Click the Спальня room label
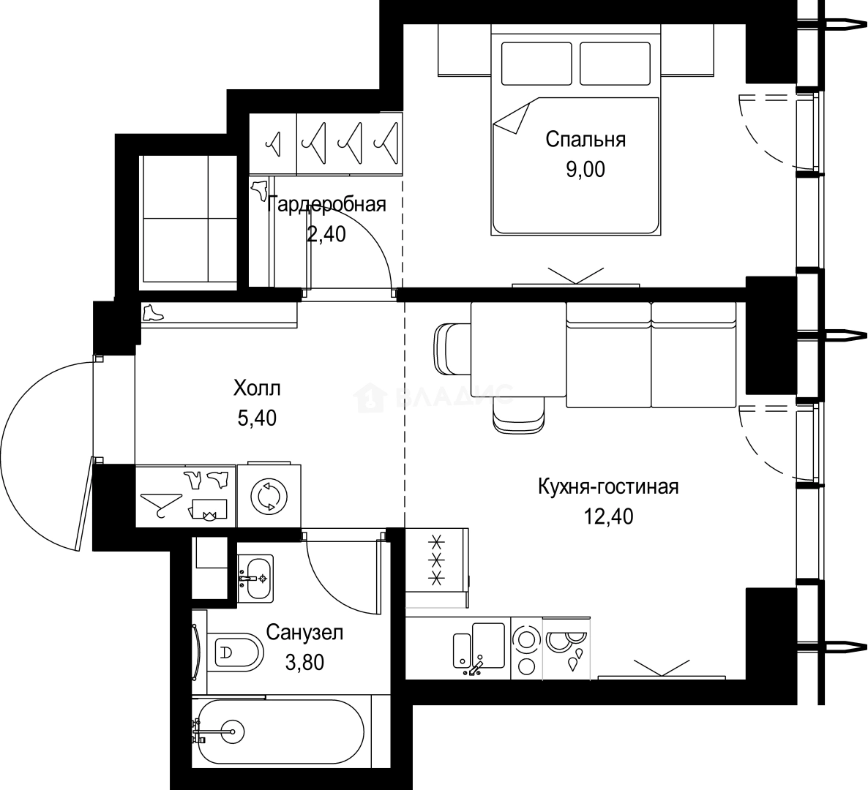585,140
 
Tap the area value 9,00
585,169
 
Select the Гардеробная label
326,205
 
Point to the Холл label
257,388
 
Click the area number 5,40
257,418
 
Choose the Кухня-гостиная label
608,487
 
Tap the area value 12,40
608,516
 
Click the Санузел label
304,632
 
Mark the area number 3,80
304,662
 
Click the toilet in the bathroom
234,652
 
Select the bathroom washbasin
255,578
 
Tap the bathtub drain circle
232,732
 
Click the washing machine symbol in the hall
269,496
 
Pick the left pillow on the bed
536,64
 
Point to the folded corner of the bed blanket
512,116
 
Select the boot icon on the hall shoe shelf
153,313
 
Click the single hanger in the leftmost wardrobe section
273,143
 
